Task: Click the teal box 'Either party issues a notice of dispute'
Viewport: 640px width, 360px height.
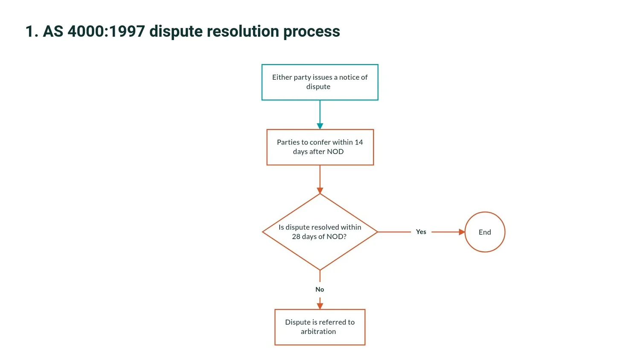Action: click(x=320, y=82)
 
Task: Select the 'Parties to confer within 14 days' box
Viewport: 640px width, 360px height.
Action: click(x=320, y=147)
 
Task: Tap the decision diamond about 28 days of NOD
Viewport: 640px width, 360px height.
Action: click(x=320, y=232)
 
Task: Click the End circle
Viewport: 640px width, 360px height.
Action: click(x=485, y=232)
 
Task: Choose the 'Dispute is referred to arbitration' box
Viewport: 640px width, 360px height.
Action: click(x=320, y=327)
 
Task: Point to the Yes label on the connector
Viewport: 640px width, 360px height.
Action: click(x=421, y=232)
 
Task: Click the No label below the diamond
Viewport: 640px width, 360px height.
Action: click(x=320, y=289)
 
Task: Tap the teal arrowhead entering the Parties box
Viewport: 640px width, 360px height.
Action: click(x=320, y=126)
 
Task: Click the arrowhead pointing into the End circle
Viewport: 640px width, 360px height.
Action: click(x=462, y=232)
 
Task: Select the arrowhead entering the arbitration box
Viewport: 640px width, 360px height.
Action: click(x=320, y=306)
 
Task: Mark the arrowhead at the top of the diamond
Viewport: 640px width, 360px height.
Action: click(x=320, y=191)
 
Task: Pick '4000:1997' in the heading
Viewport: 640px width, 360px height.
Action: click(x=106, y=32)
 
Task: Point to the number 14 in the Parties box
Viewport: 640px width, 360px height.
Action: click(x=358, y=142)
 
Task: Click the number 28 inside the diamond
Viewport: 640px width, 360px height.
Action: click(x=296, y=237)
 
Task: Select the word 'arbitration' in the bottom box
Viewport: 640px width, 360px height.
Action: click(x=318, y=331)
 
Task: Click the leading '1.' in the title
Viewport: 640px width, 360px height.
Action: click(x=32, y=32)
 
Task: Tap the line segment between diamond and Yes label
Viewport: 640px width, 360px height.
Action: click(x=394, y=232)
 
